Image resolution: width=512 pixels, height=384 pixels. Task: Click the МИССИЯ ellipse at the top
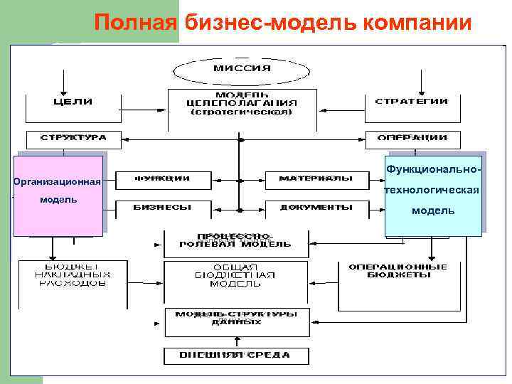[242, 68]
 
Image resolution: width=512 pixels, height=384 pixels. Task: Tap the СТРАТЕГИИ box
[411, 102]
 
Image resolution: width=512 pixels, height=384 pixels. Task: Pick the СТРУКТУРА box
[73, 138]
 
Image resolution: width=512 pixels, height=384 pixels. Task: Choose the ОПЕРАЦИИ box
[412, 138]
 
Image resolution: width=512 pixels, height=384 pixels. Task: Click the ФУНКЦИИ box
[162, 178]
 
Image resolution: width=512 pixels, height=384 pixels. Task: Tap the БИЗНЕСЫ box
[162, 208]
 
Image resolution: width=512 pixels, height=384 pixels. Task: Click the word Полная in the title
[134, 23]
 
